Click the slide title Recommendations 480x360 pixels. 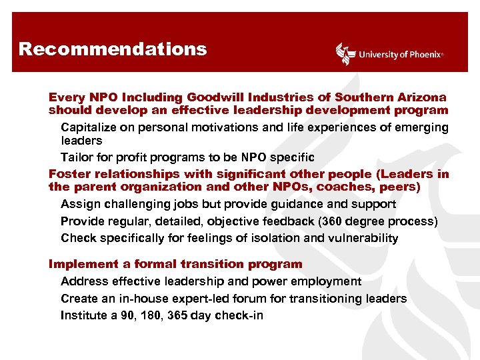[x=113, y=49]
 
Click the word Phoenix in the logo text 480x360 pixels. [x=423, y=55]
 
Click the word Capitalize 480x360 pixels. [x=89, y=127]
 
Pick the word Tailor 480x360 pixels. [x=77, y=158]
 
